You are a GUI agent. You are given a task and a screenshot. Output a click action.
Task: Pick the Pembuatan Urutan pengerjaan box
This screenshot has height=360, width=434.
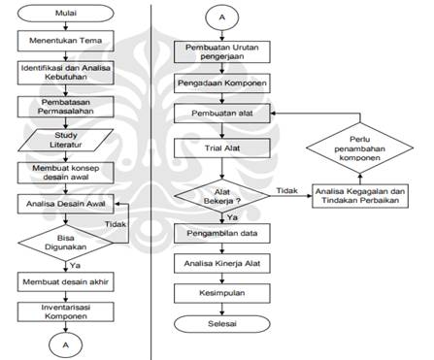(222, 52)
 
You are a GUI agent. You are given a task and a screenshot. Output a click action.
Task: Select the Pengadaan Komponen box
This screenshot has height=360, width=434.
(222, 84)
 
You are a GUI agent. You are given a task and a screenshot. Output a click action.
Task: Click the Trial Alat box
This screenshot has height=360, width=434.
(222, 150)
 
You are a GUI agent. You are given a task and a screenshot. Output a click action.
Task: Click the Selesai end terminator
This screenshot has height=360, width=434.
(222, 321)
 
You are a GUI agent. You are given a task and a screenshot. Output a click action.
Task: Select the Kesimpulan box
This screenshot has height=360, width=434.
(222, 291)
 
